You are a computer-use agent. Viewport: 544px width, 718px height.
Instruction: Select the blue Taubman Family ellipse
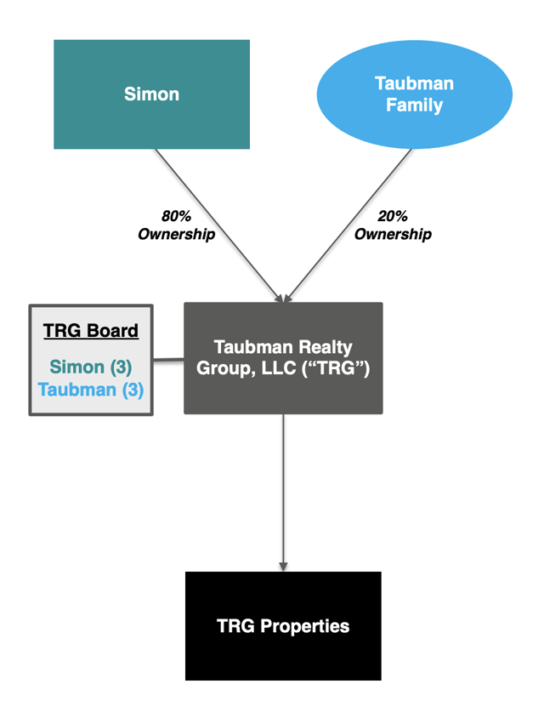414,94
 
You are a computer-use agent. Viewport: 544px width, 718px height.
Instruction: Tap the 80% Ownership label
177,225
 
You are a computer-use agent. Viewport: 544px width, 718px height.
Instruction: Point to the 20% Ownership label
393,225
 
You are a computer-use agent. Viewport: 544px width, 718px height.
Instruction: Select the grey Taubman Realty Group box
283,358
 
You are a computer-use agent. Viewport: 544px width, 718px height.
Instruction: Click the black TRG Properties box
283,626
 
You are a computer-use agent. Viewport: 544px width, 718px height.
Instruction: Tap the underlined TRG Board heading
91,331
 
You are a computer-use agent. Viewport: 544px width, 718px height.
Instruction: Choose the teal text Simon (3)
91,368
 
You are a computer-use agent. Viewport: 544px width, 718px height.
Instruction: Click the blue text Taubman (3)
91,390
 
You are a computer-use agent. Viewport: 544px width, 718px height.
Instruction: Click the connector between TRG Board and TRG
168,359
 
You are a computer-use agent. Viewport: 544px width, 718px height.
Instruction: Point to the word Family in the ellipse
414,105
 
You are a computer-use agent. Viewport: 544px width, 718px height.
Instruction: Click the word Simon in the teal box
151,94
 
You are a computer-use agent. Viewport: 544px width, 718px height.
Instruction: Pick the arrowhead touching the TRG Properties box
283,566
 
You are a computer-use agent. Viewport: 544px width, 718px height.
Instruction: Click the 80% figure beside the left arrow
177,216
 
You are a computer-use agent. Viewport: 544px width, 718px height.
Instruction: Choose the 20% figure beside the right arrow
394,216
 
